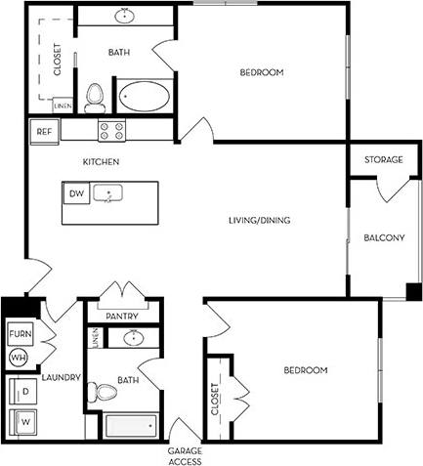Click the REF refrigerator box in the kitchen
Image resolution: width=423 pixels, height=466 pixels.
click(x=44, y=130)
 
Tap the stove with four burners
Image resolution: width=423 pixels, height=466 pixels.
click(x=110, y=128)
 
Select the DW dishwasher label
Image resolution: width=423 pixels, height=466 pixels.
click(x=76, y=193)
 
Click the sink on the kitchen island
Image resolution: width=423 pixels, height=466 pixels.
click(x=106, y=193)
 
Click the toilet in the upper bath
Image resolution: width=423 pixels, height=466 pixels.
click(x=95, y=96)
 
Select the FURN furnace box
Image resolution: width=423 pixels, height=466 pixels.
click(x=20, y=334)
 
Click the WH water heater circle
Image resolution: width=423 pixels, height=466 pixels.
click(x=17, y=359)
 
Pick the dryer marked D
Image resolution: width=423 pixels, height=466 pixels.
click(x=23, y=392)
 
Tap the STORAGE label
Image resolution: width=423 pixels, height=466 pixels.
click(x=383, y=159)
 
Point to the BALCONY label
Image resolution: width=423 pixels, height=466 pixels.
click(x=384, y=237)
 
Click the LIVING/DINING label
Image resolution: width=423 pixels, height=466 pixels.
click(x=261, y=220)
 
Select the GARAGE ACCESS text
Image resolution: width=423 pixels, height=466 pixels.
click(x=184, y=454)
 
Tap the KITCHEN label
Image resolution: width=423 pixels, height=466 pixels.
click(x=101, y=161)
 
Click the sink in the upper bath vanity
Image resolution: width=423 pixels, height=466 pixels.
click(x=124, y=17)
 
